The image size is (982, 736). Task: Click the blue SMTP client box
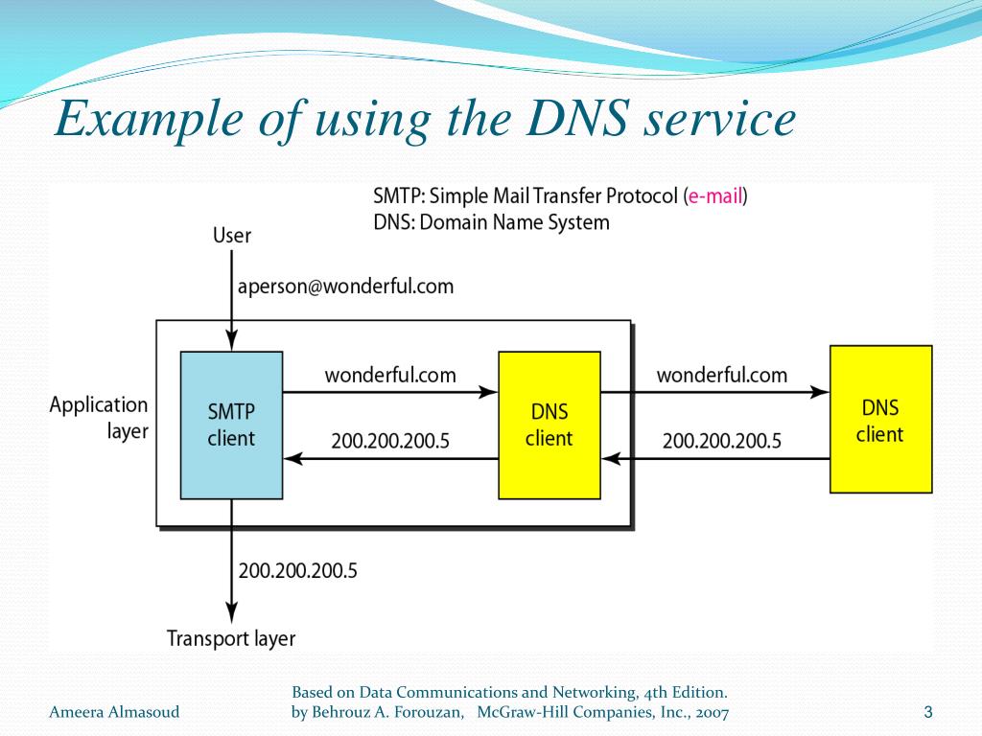[x=231, y=425]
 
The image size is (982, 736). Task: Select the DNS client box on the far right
[x=880, y=419]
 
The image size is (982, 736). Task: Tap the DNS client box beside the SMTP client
[x=549, y=425]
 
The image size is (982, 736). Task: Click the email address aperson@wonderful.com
[x=345, y=287]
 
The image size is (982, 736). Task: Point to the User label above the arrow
[x=232, y=236]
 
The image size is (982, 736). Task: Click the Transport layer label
[x=231, y=638]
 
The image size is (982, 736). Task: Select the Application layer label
[x=99, y=418]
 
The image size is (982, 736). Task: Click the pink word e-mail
[x=714, y=195]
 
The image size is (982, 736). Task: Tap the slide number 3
[x=928, y=712]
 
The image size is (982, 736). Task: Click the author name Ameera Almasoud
[x=114, y=712]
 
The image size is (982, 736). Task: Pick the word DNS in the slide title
[x=576, y=118]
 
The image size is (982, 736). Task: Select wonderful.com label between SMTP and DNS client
[x=390, y=375]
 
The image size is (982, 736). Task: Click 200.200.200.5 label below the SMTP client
[x=297, y=571]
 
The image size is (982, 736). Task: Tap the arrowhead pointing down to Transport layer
[x=232, y=613]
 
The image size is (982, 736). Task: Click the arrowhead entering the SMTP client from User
[x=232, y=340]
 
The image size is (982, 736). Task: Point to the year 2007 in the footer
[x=712, y=712]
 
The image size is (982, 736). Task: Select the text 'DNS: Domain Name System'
[x=491, y=222]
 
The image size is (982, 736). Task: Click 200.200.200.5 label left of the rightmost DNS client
[x=721, y=441]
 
